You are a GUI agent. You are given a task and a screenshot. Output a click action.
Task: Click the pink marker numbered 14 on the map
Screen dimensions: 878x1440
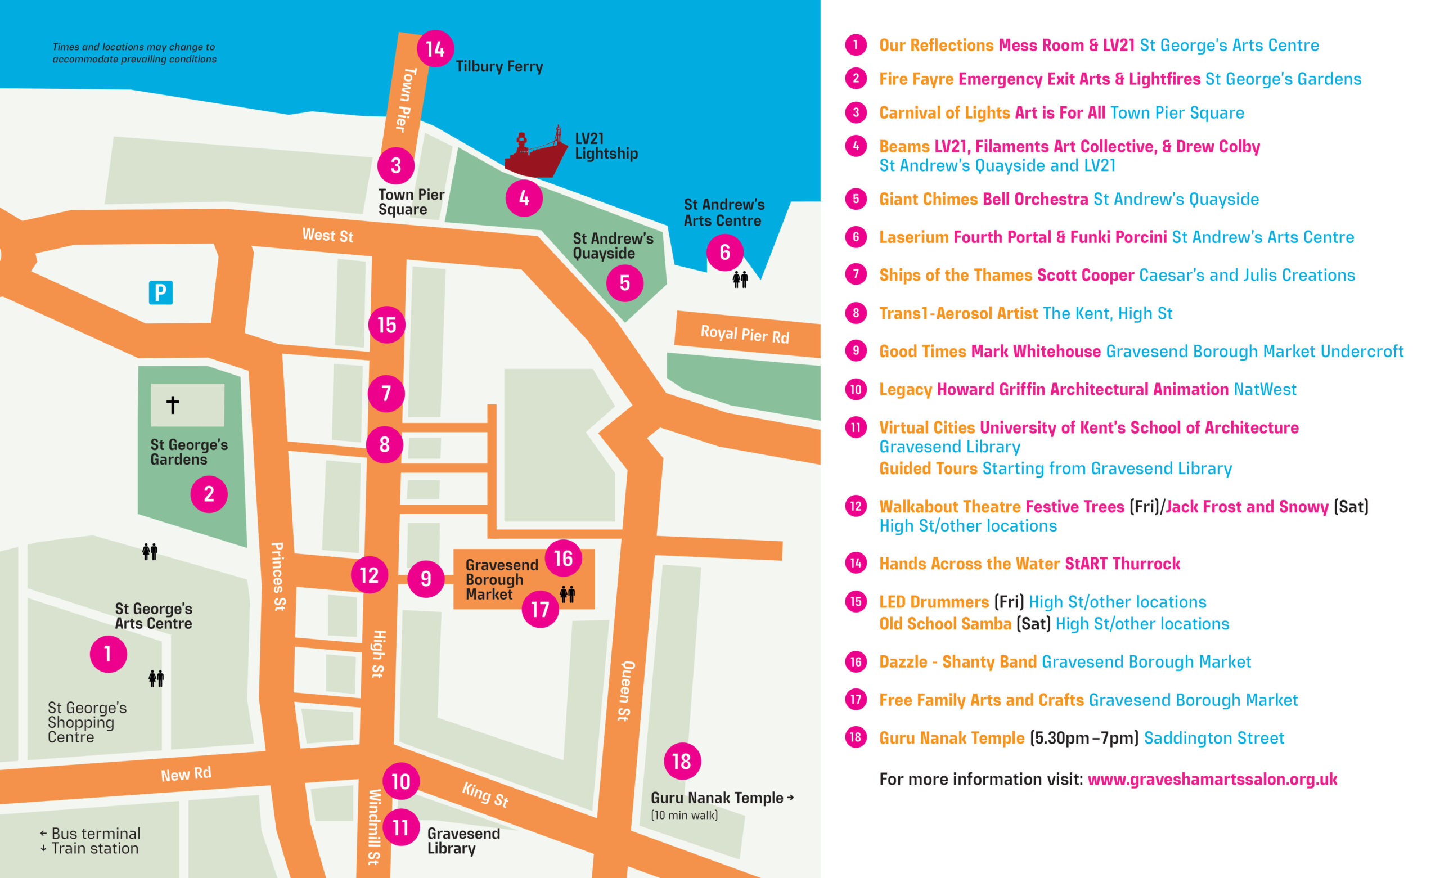pos(435,48)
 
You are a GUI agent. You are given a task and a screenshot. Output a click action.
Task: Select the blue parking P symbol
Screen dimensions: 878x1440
pos(161,292)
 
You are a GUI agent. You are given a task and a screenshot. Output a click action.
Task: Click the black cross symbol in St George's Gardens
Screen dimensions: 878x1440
pos(172,404)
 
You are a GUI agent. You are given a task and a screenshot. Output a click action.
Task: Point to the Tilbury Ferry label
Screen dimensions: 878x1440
pos(499,66)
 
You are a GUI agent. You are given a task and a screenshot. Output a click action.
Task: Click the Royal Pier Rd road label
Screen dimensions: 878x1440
pos(745,334)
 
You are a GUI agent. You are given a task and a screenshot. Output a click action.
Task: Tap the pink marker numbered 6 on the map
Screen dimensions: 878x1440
pos(724,253)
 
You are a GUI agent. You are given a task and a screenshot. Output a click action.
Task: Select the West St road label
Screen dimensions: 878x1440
pos(327,235)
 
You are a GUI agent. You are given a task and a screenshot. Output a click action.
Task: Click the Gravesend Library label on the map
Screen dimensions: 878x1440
pos(463,840)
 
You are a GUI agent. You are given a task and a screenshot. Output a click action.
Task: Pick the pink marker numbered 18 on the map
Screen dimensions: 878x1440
pos(682,761)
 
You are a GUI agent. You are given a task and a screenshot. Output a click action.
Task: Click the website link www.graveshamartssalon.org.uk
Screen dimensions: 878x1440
pos(1212,779)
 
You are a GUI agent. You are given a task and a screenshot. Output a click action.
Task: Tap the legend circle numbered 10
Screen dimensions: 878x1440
pos(856,389)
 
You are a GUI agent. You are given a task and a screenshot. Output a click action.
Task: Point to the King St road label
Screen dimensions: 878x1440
pos(484,795)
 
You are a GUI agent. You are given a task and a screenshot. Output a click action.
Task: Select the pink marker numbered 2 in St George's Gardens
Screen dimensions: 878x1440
pos(209,494)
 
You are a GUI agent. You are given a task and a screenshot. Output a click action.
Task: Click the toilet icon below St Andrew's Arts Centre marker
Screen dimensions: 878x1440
pos(740,280)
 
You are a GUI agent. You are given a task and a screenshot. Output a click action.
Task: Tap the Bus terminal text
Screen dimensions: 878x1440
pos(95,833)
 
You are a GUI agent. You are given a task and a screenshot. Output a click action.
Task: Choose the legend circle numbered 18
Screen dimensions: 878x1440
pos(856,737)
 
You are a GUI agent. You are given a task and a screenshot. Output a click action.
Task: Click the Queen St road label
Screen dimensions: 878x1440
pos(626,691)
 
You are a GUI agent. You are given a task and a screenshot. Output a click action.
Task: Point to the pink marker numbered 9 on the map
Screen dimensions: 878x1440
pos(426,579)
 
